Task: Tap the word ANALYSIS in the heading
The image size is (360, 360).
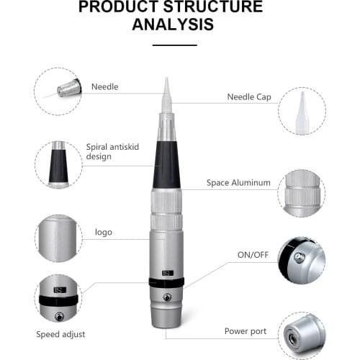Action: coord(173,24)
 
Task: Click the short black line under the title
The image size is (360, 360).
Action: coord(175,45)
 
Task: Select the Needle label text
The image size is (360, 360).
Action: coord(104,87)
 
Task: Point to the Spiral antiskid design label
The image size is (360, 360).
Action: coord(112,151)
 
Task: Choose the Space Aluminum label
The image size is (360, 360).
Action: coord(238,183)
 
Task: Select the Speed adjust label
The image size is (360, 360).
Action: coord(60,334)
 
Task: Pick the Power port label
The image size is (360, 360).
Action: coord(245,332)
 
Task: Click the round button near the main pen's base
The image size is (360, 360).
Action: coord(167,297)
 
